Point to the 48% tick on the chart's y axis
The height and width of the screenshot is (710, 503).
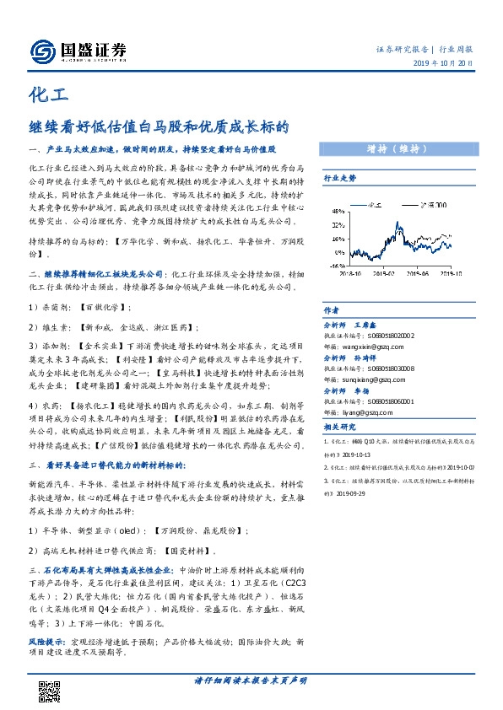[336, 211]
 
